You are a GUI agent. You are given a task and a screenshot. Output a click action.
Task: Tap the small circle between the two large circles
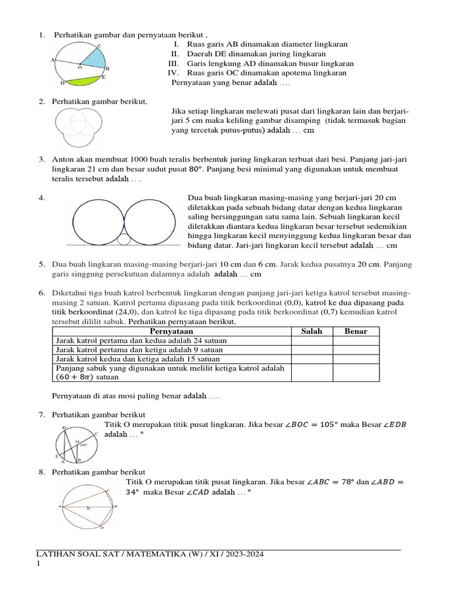tap(123, 239)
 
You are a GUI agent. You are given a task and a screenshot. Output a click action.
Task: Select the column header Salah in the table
tap(311, 331)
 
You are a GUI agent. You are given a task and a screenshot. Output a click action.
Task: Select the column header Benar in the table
tap(355, 331)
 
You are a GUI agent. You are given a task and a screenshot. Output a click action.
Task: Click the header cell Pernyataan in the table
tap(171, 331)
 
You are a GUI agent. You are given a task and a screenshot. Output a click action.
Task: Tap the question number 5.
tap(42, 264)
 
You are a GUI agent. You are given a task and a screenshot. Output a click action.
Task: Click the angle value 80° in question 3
tap(196, 169)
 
